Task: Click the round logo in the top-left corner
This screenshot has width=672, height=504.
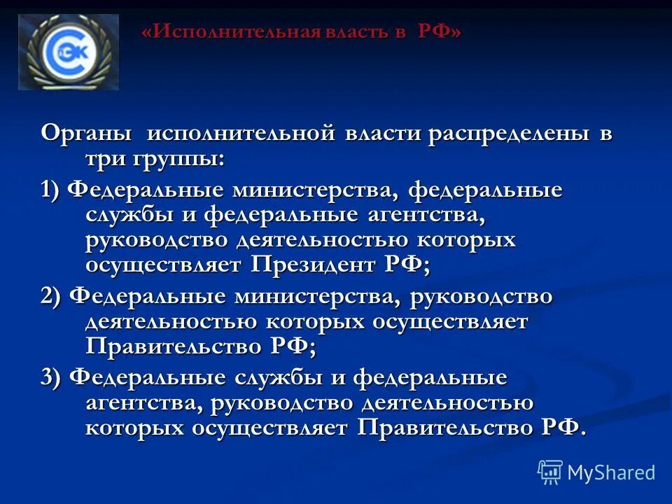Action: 68,52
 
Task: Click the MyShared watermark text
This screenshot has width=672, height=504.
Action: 611,472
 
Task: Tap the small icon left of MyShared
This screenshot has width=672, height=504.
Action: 550,472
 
